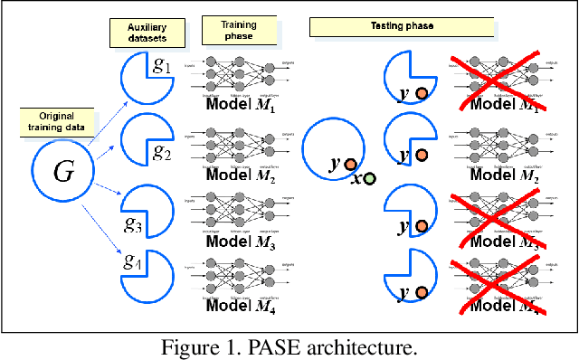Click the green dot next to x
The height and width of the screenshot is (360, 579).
[369, 178]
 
